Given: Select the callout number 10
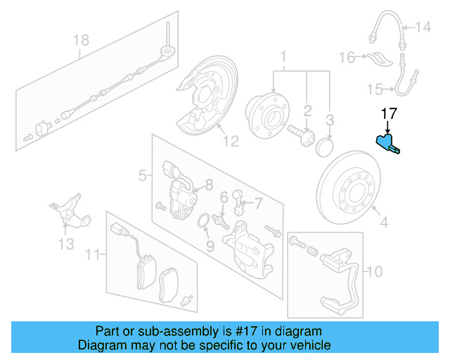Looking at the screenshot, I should [375, 270].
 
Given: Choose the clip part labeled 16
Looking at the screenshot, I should [378, 58].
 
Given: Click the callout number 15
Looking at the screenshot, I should [375, 88].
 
